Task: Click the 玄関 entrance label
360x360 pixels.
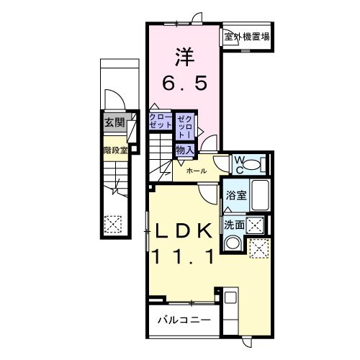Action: pos(114,122)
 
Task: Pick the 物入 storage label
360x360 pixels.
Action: pos(184,149)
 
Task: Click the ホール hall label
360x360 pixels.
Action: pos(196,171)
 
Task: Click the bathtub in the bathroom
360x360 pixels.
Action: pos(257,194)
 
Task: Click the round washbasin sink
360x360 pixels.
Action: pos(233,244)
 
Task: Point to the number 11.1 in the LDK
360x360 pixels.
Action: pos(183,257)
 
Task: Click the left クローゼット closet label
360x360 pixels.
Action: pos(161,121)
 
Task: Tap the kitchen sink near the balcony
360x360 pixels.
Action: pos(230,297)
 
